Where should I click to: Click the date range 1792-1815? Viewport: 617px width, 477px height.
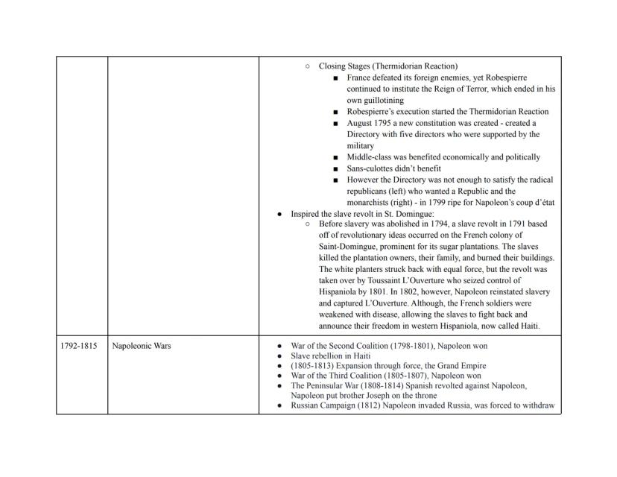(x=78, y=346)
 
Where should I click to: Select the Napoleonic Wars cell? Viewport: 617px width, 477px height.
(x=142, y=346)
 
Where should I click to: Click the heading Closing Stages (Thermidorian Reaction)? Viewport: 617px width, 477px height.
(x=388, y=66)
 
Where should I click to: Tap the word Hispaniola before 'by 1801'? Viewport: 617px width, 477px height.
(x=342, y=292)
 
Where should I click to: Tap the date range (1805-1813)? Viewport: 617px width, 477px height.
(x=314, y=366)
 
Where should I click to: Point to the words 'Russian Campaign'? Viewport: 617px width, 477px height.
(x=323, y=406)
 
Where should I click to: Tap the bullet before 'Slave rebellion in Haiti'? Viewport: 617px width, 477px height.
(x=279, y=356)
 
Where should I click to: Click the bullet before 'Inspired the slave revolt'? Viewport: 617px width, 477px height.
(x=279, y=213)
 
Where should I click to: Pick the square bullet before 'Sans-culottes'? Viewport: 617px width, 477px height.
(x=336, y=168)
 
